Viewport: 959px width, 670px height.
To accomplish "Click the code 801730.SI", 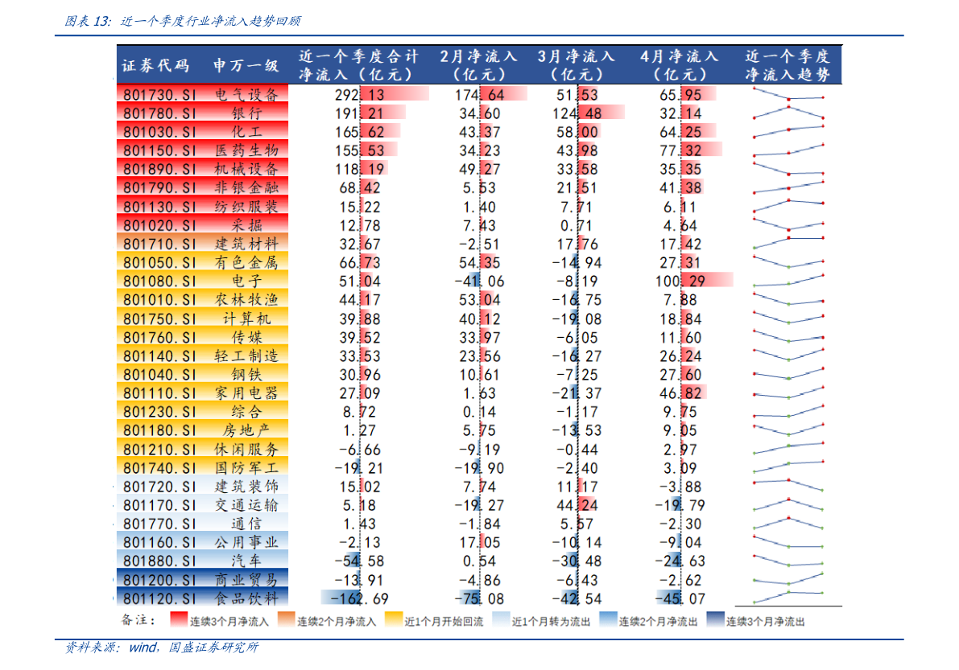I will pos(160,94).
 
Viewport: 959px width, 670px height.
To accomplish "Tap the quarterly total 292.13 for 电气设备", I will pos(359,94).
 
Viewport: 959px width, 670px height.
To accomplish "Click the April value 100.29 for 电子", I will pos(680,281).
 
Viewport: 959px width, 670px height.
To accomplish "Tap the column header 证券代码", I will pos(155,65).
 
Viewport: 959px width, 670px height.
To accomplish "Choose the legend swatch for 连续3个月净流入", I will pos(178,620).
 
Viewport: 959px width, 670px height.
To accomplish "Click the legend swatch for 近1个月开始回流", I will pos(393,620).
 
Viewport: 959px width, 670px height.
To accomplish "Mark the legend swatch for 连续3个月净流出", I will pos(714,620).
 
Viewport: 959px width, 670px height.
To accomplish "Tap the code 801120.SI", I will pos(160,598).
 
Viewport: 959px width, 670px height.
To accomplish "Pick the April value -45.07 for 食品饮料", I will pos(680,598).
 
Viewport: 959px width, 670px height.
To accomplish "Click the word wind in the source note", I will pos(144,647).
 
